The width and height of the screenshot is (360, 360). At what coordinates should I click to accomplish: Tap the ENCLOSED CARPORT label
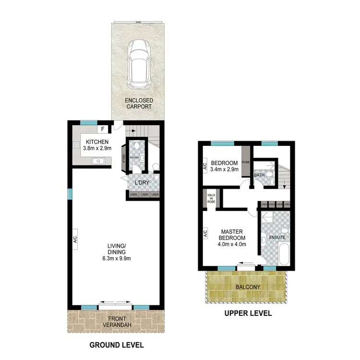[139, 103]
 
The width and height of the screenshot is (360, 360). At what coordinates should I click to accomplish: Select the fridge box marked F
[103, 129]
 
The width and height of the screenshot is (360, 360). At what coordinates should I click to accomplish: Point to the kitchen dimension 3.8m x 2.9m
[97, 148]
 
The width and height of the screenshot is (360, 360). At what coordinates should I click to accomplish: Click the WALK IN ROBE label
[211, 199]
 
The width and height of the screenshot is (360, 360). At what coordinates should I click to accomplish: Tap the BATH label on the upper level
[259, 176]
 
